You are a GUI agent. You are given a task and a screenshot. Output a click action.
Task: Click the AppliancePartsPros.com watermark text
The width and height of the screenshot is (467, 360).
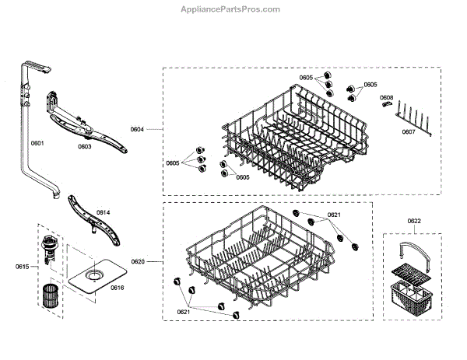click(x=233, y=9)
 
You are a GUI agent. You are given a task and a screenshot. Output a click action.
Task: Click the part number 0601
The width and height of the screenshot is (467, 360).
click(x=37, y=144)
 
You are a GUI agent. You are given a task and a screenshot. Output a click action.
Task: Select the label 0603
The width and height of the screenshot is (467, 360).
click(x=84, y=145)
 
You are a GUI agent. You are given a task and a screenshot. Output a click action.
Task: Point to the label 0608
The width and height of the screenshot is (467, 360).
click(x=386, y=98)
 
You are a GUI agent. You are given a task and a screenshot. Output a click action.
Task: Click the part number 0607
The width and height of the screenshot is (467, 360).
click(x=409, y=131)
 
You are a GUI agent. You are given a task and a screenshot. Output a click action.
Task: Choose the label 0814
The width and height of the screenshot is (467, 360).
click(x=103, y=212)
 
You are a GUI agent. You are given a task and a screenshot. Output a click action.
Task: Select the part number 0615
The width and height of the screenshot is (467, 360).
click(x=22, y=267)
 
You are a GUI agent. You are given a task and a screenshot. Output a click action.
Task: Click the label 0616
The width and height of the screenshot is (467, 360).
click(x=118, y=288)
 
